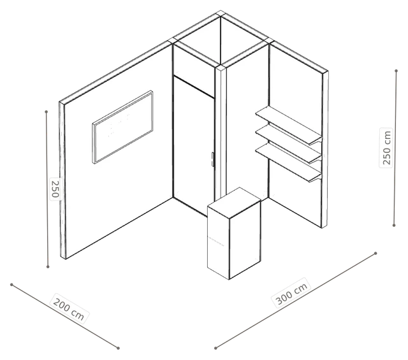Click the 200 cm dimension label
tap(68, 309)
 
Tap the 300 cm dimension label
tap(292, 293)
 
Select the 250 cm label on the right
tap(386, 147)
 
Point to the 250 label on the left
tap(55, 189)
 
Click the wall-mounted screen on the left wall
tap(122, 127)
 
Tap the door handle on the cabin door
tap(212, 159)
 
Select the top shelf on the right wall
tap(288, 126)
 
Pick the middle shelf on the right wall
tap(288, 144)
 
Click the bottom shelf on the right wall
tap(288, 162)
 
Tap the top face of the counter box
tap(234, 203)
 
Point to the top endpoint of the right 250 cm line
tap(396, 71)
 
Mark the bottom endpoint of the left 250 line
tap(48, 266)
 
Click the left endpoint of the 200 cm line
tap(11, 285)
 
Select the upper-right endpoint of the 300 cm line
tap(375, 253)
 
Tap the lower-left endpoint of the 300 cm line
tap(215, 348)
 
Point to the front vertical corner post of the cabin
tap(221, 133)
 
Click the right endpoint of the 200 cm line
tap(118, 348)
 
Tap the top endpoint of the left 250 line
tap(47, 112)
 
